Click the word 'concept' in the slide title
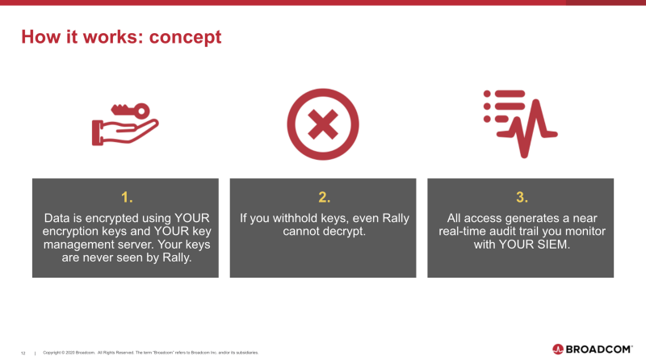pyautogui.click(x=185, y=37)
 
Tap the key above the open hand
pyautogui.click(x=130, y=111)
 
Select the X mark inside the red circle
pyautogui.click(x=323, y=124)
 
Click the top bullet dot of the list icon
pyautogui.click(x=487, y=94)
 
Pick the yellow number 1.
pyautogui.click(x=127, y=197)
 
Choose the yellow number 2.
pyautogui.click(x=325, y=197)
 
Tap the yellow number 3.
pyautogui.click(x=522, y=197)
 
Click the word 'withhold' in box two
pyautogui.click(x=295, y=218)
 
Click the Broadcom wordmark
pyautogui.click(x=598, y=350)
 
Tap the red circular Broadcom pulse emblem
pyautogui.click(x=558, y=350)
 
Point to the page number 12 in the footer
pyautogui.click(x=23, y=353)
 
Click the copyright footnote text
pyautogui.click(x=151, y=353)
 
